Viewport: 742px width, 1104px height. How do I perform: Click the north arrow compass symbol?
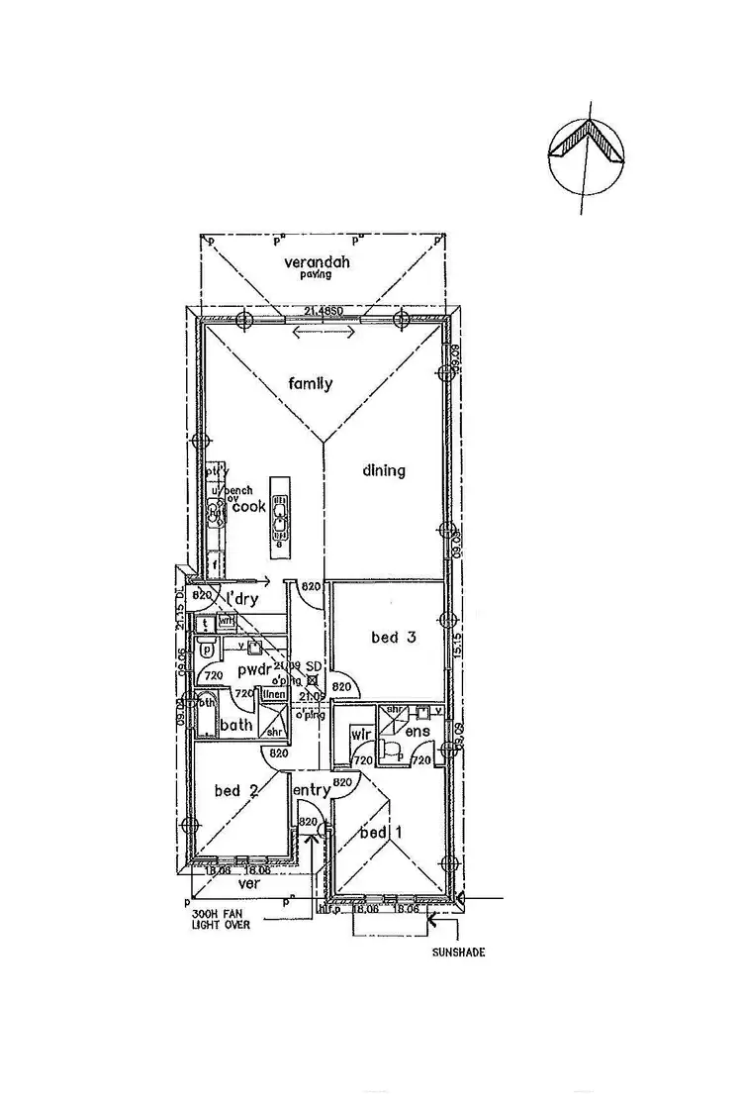click(x=589, y=153)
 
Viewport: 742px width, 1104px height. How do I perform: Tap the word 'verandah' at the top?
click(x=318, y=262)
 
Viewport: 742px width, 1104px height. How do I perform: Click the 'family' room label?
click(x=310, y=383)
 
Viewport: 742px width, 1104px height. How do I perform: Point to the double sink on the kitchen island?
click(x=281, y=517)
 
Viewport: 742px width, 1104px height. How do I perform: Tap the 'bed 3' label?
click(x=393, y=638)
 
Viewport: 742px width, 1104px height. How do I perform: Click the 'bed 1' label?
click(x=382, y=832)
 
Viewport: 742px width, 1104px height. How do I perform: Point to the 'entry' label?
click(x=311, y=789)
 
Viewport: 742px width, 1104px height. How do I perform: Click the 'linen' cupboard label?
click(x=274, y=694)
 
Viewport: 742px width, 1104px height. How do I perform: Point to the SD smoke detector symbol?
click(x=312, y=680)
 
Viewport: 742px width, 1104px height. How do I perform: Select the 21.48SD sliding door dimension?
click(x=324, y=312)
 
